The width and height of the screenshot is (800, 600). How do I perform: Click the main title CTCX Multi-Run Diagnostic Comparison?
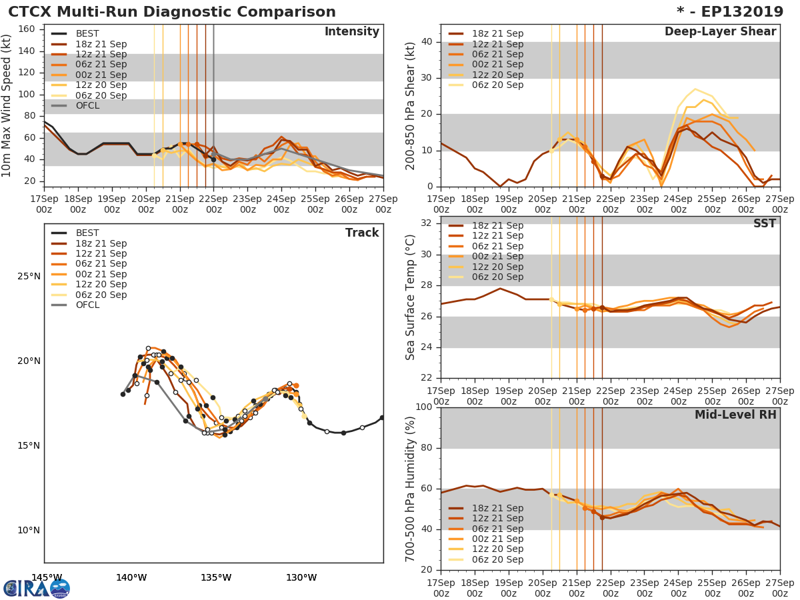click(172, 12)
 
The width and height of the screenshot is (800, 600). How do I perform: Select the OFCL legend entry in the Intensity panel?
click(87, 106)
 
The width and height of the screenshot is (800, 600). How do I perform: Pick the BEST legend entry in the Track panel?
click(87, 233)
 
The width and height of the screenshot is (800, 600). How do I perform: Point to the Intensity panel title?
click(351, 32)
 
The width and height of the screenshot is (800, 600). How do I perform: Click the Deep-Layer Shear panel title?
click(720, 32)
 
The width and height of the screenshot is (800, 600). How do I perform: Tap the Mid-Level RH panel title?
click(735, 415)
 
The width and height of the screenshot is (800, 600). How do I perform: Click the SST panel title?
click(764, 223)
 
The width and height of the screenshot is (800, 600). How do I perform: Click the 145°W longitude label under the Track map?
click(46, 577)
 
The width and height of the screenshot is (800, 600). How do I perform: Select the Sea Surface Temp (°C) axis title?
click(411, 297)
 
